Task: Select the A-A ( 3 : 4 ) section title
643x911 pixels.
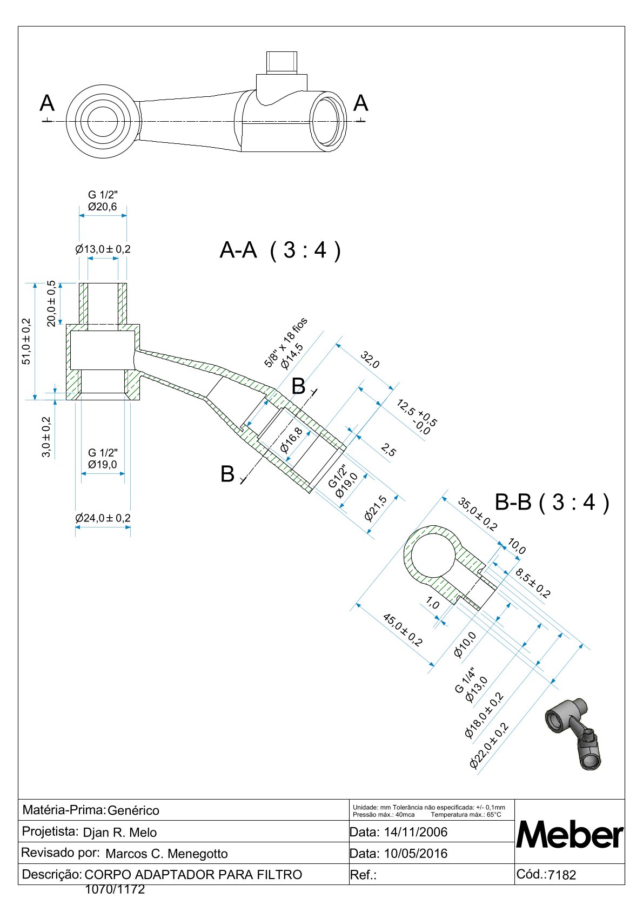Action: click(x=280, y=250)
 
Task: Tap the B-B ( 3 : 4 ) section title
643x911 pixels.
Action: click(x=552, y=502)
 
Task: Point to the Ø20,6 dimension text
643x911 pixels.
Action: click(x=102, y=207)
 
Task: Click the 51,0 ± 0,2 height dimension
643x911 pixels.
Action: click(x=26, y=341)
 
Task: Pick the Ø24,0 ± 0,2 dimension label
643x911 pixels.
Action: click(x=103, y=518)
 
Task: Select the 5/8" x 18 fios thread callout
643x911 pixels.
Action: click(x=285, y=342)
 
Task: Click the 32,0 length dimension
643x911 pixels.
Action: click(x=370, y=360)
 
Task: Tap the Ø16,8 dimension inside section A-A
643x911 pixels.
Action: click(x=291, y=440)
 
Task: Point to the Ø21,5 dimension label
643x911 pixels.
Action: click(x=376, y=508)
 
